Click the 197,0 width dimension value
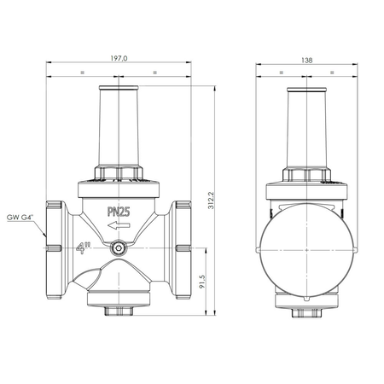119,60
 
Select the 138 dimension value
306,60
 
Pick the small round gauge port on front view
119,248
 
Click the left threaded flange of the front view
55,247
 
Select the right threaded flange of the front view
181,247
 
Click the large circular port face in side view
305,247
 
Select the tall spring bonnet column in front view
119,128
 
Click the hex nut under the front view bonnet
119,176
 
